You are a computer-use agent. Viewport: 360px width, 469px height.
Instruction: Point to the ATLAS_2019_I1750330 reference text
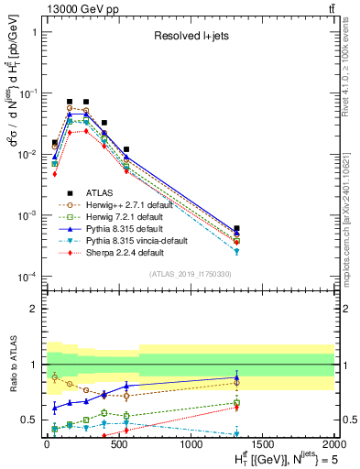point(189,274)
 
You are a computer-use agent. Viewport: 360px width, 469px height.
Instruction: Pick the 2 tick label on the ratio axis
point(33,309)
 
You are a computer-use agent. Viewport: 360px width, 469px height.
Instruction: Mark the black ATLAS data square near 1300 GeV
point(237,228)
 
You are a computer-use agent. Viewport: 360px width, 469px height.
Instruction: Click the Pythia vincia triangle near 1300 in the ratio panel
point(237,433)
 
